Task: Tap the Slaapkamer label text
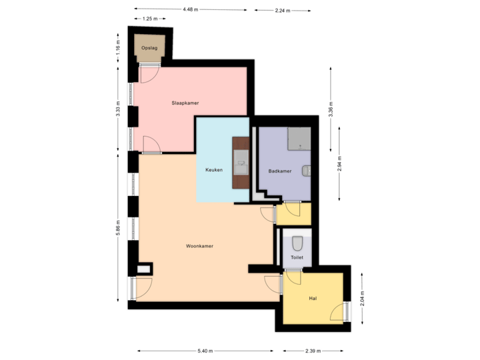point(185,103)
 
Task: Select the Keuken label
point(213,171)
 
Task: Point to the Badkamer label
point(279,171)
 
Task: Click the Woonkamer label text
point(199,246)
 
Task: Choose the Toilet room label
point(297,257)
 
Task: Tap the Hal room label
point(312,298)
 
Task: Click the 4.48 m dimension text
point(190,9)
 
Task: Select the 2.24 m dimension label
point(281,11)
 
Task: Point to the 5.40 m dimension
point(205,351)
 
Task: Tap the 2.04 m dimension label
point(362,297)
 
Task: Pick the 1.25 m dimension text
point(149,19)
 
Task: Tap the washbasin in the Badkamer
point(306,171)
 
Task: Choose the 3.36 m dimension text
point(331,108)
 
